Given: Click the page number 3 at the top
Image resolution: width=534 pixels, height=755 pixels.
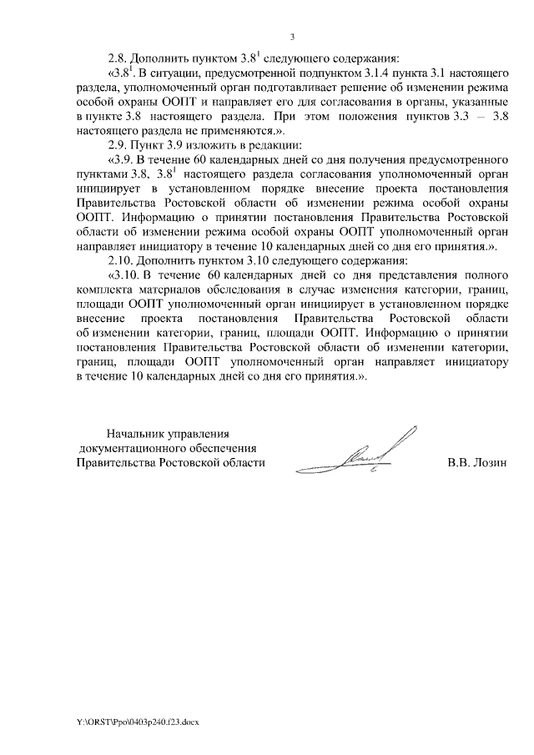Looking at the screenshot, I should [293, 37].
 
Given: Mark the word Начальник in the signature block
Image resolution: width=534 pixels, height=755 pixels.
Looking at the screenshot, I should [137, 434].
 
